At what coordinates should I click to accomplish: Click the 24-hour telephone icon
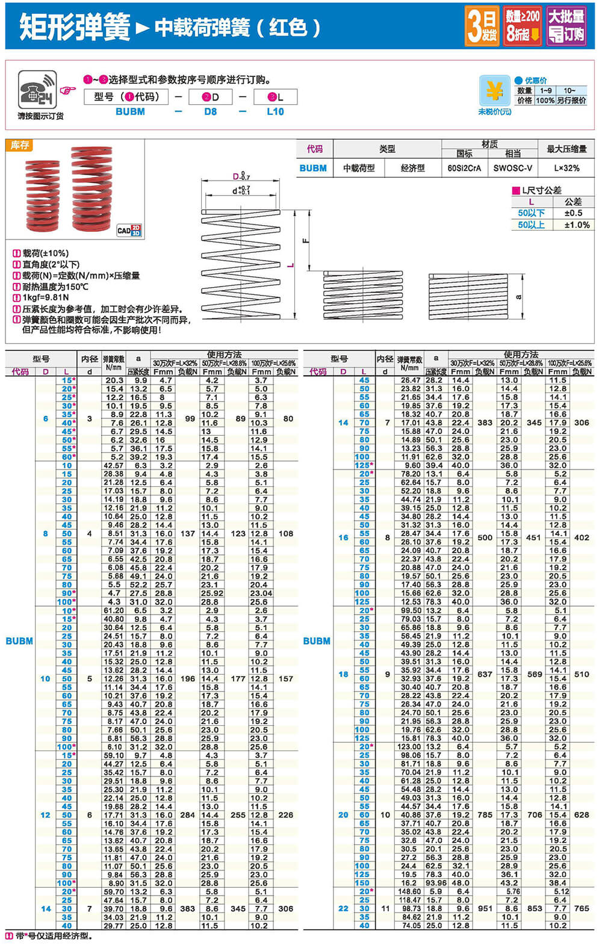(37, 90)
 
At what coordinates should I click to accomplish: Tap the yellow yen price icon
(494, 91)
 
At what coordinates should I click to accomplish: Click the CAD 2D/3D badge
(129, 230)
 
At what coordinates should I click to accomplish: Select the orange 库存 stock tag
(20, 145)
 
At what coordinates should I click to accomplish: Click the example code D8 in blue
(210, 111)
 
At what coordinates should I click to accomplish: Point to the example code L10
(275, 111)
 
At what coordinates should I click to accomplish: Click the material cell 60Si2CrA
(464, 168)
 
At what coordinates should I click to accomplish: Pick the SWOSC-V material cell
(512, 168)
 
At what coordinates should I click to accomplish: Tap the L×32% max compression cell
(566, 168)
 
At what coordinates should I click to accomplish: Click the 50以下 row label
(531, 213)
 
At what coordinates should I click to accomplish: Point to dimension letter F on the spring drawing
(305, 241)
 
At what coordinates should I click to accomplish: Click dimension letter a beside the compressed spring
(518, 297)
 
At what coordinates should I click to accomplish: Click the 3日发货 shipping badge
(482, 26)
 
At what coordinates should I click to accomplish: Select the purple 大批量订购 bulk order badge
(566, 26)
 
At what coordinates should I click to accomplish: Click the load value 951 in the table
(485, 908)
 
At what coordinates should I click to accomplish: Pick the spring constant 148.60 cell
(409, 891)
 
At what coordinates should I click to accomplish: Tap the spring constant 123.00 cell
(409, 746)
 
